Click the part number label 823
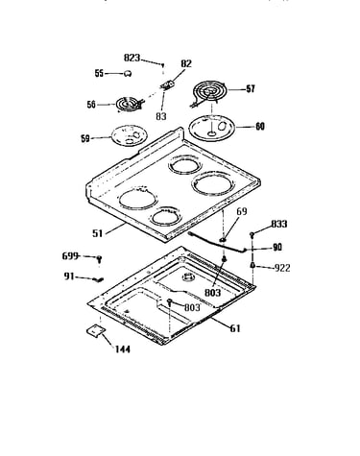(132, 58)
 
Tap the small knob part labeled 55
(128, 73)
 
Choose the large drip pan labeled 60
(212, 128)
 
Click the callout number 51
(98, 233)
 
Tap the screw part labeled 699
(99, 258)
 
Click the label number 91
(69, 276)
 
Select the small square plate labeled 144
(96, 331)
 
